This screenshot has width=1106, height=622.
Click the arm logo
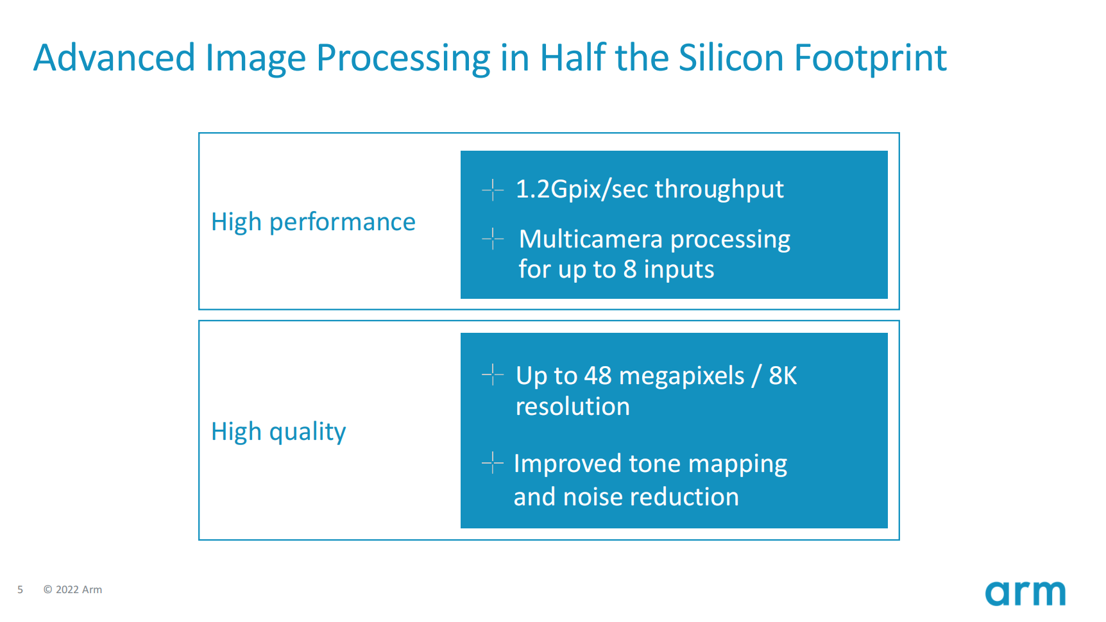click(1025, 593)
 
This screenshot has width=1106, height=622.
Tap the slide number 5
click(20, 590)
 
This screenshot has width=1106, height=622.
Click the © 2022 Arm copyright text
click(72, 590)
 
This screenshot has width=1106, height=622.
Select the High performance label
click(313, 223)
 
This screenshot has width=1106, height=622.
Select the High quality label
click(278, 432)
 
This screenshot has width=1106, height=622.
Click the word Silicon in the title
click(731, 58)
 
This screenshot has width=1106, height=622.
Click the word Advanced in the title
click(114, 58)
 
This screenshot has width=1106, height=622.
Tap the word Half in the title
click(573, 58)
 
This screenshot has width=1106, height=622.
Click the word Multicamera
click(590, 239)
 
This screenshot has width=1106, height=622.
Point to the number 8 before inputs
click(630, 270)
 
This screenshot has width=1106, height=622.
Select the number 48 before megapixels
click(598, 376)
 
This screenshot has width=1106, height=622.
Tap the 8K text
click(783, 376)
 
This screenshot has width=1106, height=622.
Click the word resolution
click(573, 407)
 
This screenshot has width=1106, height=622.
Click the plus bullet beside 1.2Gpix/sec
click(493, 190)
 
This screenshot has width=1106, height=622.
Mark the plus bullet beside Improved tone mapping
click(493, 462)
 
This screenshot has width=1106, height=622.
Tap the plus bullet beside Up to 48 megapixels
click(493, 374)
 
